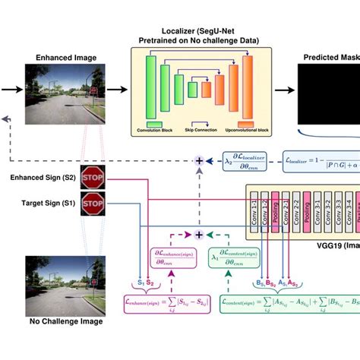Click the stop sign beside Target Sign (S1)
point(92,203)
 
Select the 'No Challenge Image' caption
point(65,343)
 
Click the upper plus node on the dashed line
point(201,162)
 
